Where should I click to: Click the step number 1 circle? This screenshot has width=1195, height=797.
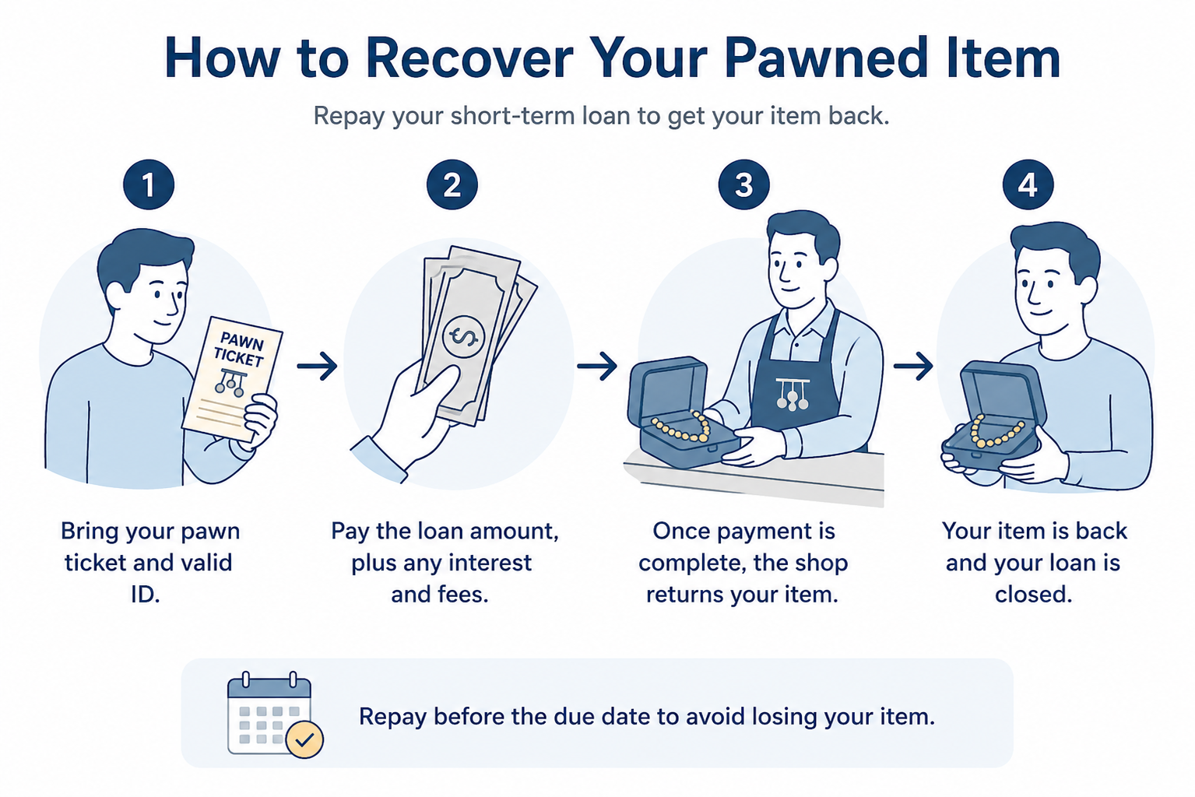tap(149, 184)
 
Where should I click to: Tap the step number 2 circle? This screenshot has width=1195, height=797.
tap(452, 184)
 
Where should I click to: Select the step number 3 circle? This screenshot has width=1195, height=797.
tap(743, 184)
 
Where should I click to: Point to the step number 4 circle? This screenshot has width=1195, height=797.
tap(1028, 184)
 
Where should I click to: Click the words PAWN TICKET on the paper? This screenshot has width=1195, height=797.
tap(240, 350)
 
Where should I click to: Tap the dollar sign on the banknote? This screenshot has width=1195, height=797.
tap(464, 337)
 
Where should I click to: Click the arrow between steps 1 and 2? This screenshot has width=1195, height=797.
tap(318, 366)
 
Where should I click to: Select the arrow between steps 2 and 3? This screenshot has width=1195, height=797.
tap(597, 366)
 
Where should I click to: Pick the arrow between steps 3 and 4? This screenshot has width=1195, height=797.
tap(913, 366)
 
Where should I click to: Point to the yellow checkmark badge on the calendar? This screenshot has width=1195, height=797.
tap(304, 739)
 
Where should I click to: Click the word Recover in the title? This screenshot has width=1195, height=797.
tap(470, 58)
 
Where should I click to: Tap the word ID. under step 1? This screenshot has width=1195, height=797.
tap(146, 595)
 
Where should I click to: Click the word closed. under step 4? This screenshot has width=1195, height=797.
tap(1034, 595)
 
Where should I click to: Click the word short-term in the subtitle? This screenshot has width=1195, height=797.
tap(513, 116)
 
